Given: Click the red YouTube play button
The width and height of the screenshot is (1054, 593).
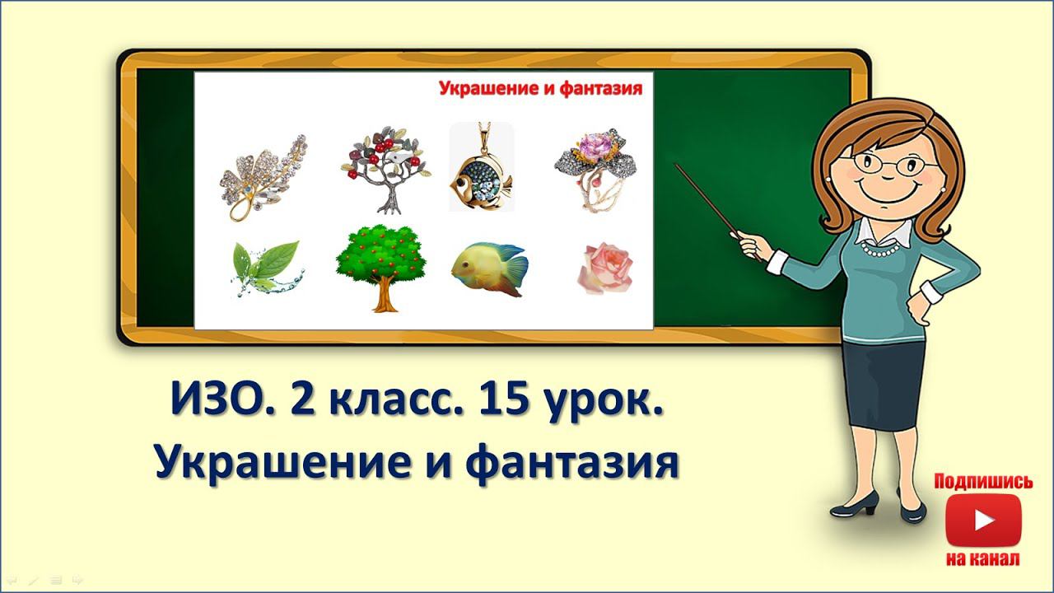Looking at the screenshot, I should pos(983,520).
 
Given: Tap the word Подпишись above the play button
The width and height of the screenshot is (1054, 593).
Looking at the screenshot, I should pos(983,482).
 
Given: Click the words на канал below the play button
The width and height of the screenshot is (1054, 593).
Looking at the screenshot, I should pos(983,559).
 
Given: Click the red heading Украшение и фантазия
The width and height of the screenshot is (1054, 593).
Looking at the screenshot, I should pos(539,88).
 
